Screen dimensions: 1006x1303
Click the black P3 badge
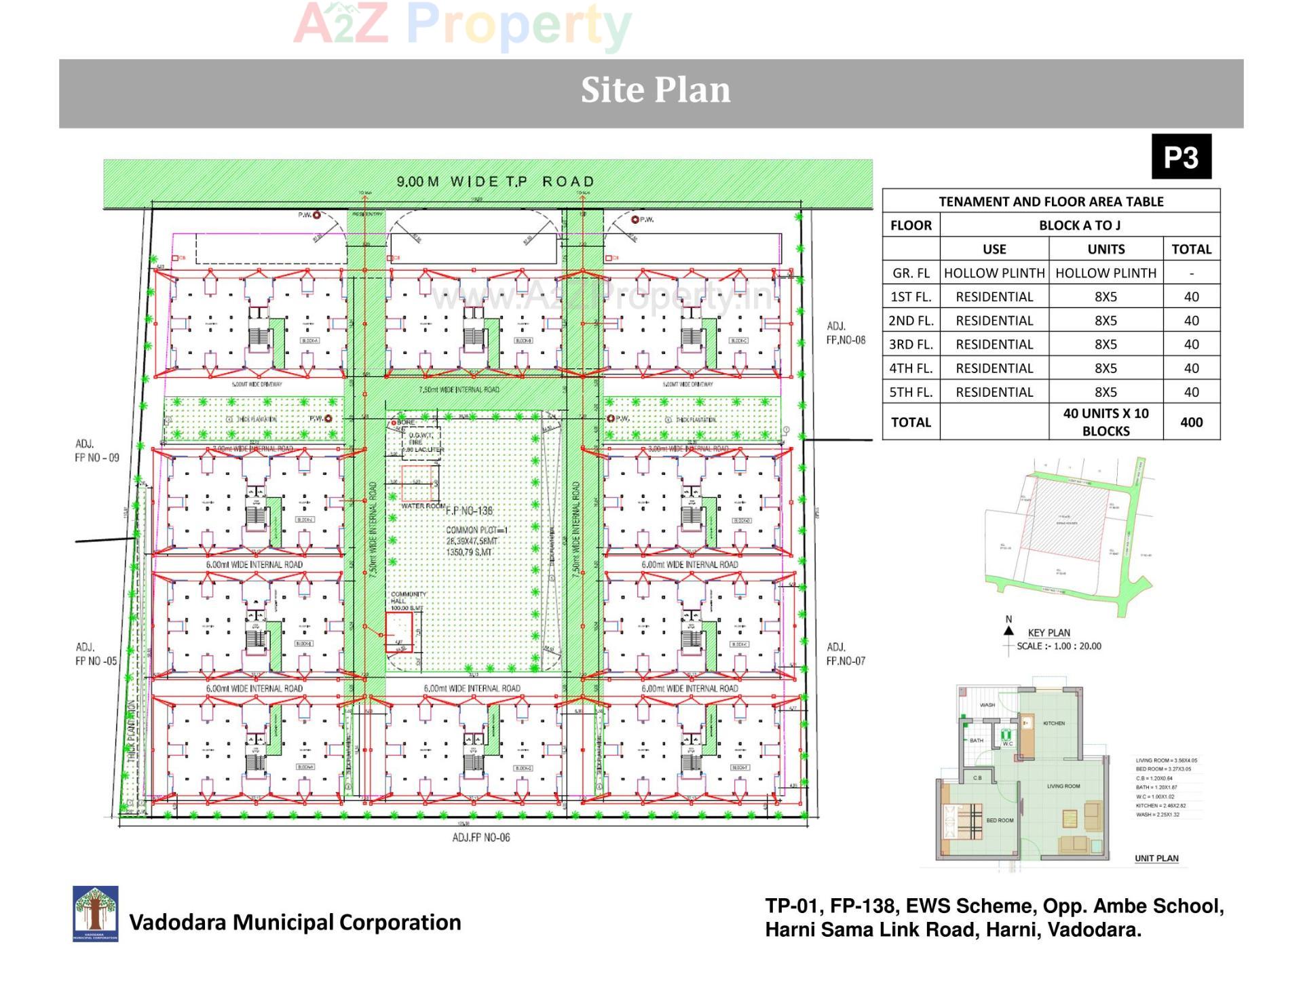[x=1181, y=157]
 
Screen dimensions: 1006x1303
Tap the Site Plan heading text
[x=656, y=90]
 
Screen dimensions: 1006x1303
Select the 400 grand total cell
[x=1191, y=422]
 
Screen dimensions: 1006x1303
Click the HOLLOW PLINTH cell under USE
[x=994, y=273]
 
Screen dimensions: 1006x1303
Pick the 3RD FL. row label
[x=911, y=345]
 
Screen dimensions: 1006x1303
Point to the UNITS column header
[x=1106, y=249]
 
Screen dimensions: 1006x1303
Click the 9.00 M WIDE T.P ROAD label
[x=495, y=182]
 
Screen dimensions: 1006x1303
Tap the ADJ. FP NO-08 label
[x=846, y=333]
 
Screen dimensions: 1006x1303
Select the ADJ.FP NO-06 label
[x=481, y=838]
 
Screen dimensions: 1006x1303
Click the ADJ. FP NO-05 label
[x=96, y=654]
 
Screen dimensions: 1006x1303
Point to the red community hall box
[x=399, y=632]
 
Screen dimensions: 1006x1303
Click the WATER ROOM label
[x=423, y=506]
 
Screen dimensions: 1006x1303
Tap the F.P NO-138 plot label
[x=469, y=511]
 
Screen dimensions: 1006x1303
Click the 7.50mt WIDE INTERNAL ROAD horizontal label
[x=459, y=389]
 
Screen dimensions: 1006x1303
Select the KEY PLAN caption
[x=1049, y=633]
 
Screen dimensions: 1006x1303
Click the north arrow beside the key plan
[x=1008, y=630]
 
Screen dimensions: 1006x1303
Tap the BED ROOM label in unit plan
[x=1000, y=820]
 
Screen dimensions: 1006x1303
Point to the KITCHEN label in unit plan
[x=1054, y=723]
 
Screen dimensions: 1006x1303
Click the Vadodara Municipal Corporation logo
[x=96, y=913]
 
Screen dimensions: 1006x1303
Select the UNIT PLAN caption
[x=1156, y=858]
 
